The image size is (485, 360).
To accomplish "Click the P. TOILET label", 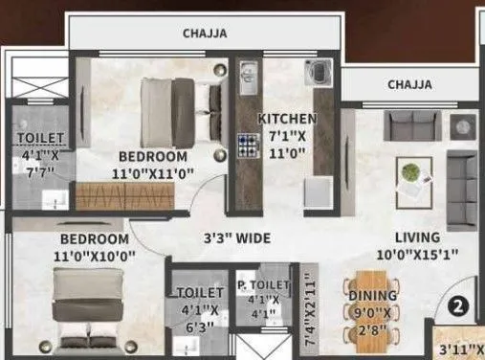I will [x=262, y=285].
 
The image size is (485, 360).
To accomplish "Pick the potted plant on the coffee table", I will [x=410, y=173].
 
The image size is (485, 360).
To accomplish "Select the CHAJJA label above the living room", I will [x=408, y=85].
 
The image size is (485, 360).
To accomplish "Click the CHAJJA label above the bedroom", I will [x=205, y=34].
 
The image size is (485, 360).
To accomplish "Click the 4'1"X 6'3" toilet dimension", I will [x=199, y=316].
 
